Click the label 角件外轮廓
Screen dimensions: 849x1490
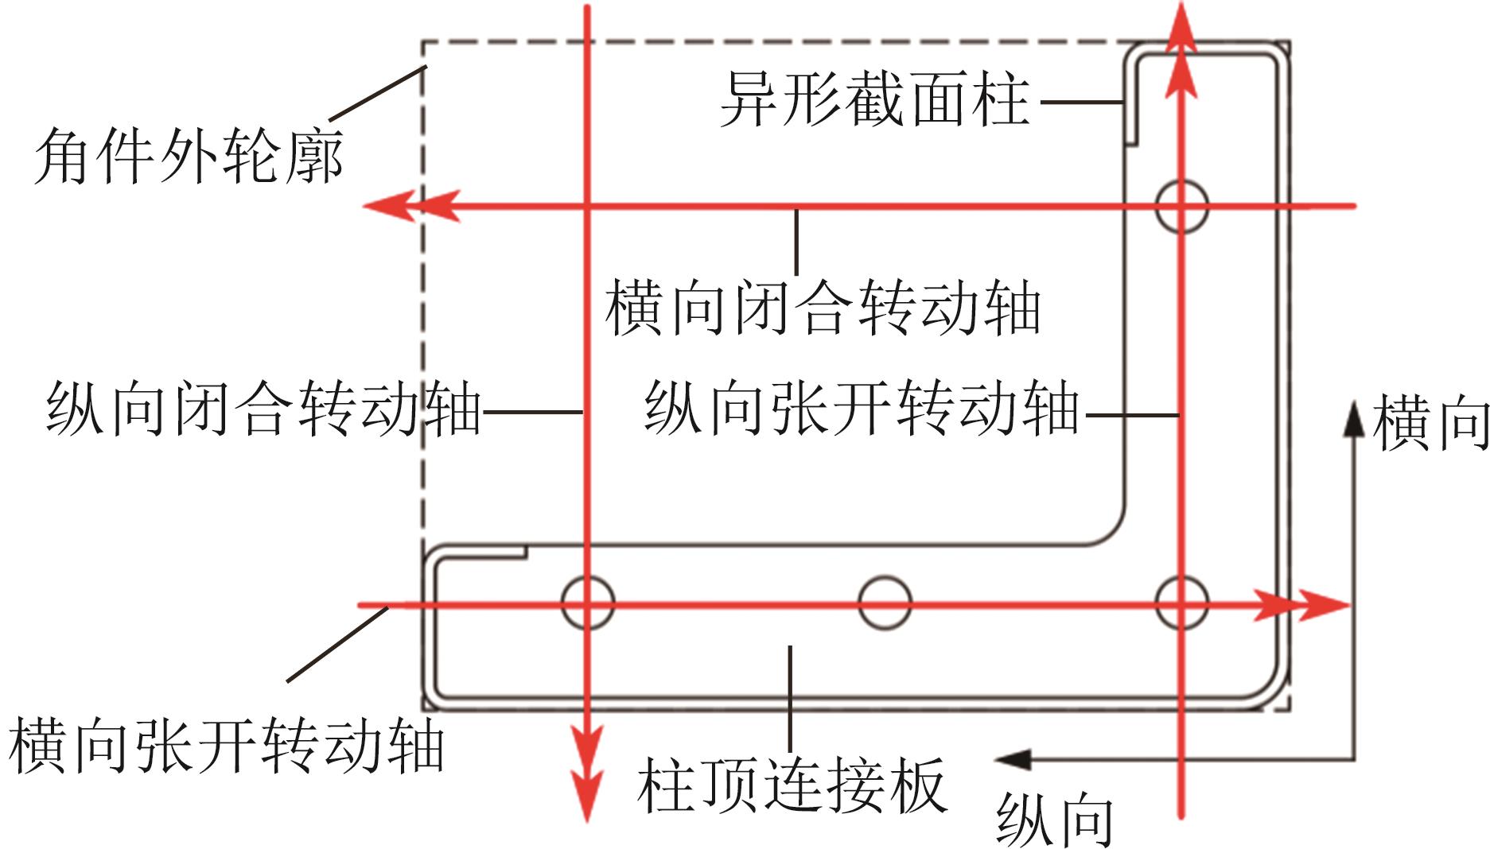[x=189, y=155]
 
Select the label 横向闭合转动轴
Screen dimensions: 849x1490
[x=823, y=308]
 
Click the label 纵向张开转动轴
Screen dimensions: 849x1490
[x=862, y=409]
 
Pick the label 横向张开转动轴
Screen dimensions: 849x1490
[x=226, y=745]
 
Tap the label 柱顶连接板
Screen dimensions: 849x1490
[x=792, y=785]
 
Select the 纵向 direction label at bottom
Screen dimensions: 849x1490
[x=1054, y=819]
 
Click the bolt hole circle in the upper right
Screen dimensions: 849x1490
[x=1181, y=206]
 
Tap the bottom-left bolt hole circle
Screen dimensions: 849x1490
[x=588, y=603]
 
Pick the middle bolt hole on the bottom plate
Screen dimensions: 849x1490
[x=885, y=603]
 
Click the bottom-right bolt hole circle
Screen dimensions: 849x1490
[x=1181, y=603]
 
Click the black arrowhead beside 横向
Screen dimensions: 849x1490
[x=1351, y=418]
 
